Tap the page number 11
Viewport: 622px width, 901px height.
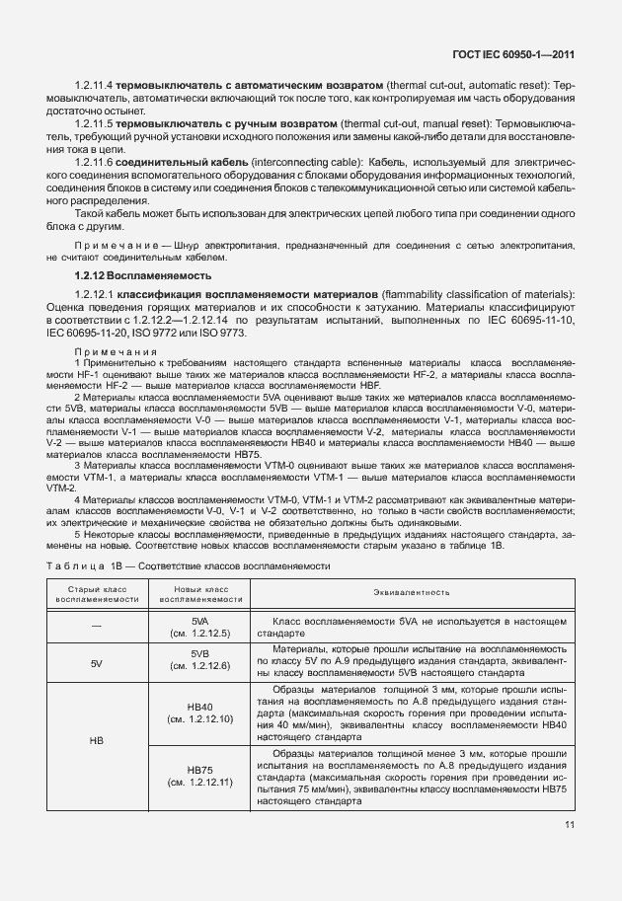[570, 826]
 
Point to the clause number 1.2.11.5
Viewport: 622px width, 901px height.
[94, 125]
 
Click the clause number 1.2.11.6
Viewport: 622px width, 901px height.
[94, 161]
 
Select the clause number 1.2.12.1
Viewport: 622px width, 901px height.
[94, 295]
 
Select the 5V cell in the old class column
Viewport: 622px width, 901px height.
[96, 663]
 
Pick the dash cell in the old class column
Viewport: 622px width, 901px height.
[96, 627]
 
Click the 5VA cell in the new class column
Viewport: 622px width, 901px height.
[199, 627]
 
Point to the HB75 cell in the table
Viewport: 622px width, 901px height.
[199, 776]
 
